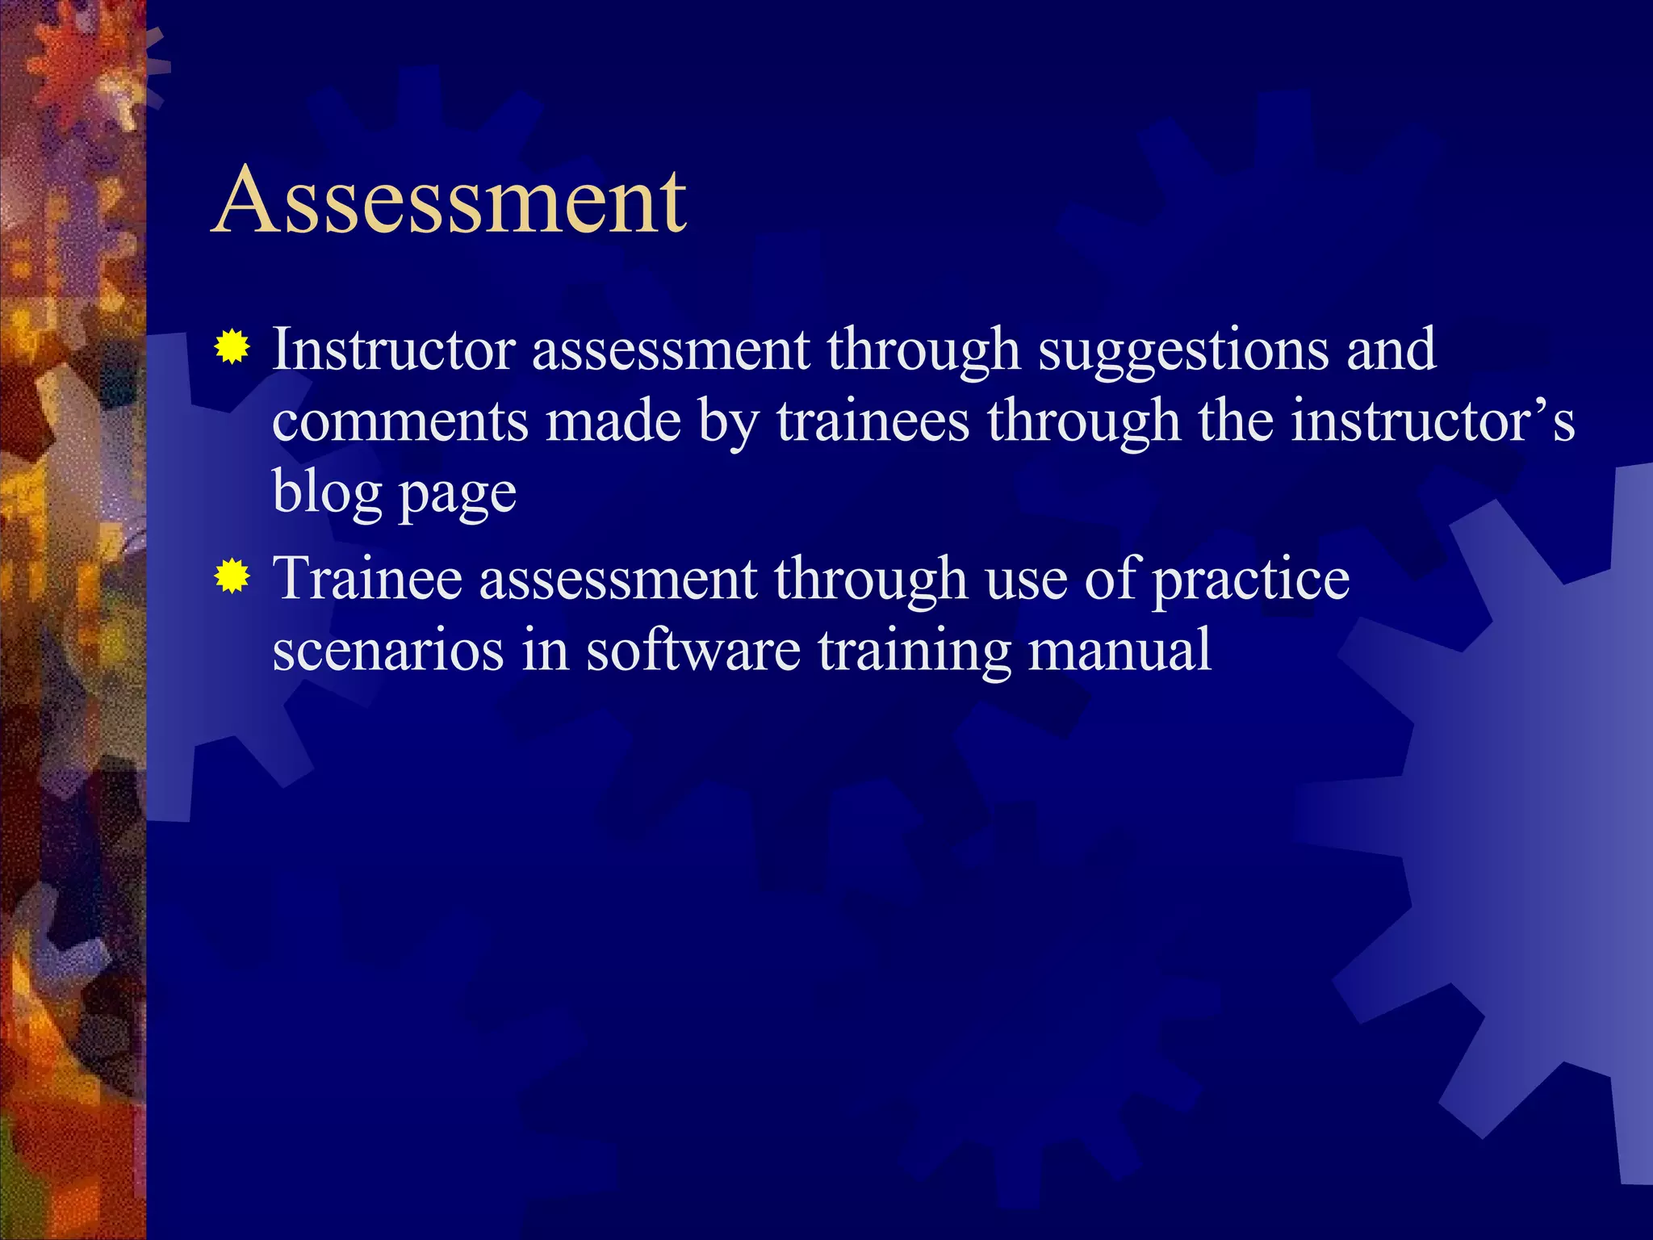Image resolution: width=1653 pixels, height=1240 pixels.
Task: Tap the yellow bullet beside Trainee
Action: [x=232, y=577]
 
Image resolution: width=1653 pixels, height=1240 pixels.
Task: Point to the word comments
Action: [x=400, y=421]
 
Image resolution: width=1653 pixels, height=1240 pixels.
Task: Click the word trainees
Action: [x=873, y=421]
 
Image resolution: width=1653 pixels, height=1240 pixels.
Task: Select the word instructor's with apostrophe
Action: [x=1433, y=421]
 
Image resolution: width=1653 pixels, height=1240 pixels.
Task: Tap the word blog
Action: [x=327, y=492]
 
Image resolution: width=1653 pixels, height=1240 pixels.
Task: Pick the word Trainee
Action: [x=368, y=578]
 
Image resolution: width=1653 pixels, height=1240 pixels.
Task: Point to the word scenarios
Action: [x=387, y=650]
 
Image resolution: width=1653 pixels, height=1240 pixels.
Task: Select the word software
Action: [x=693, y=650]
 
